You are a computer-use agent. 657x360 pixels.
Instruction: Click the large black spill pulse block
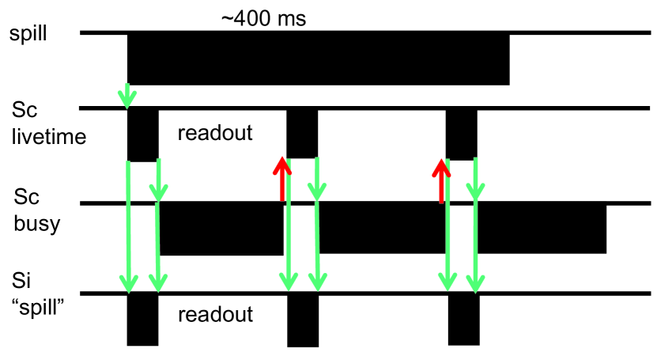tap(318, 58)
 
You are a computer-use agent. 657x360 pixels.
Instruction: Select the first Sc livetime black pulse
tap(142, 135)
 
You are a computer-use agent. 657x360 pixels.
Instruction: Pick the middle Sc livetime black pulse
tap(302, 133)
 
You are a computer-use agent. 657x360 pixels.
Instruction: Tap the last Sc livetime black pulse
tap(461, 134)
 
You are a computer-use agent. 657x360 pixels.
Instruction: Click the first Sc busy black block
tap(221, 229)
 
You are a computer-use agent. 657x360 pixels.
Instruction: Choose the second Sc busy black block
tap(381, 228)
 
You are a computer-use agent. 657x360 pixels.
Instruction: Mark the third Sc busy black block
tap(542, 228)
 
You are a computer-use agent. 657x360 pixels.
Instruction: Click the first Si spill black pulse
tap(142, 320)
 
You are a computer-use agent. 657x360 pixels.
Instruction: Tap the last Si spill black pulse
tap(463, 320)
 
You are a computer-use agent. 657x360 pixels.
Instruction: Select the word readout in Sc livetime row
tap(215, 133)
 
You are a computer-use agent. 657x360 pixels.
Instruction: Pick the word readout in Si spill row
tap(215, 314)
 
